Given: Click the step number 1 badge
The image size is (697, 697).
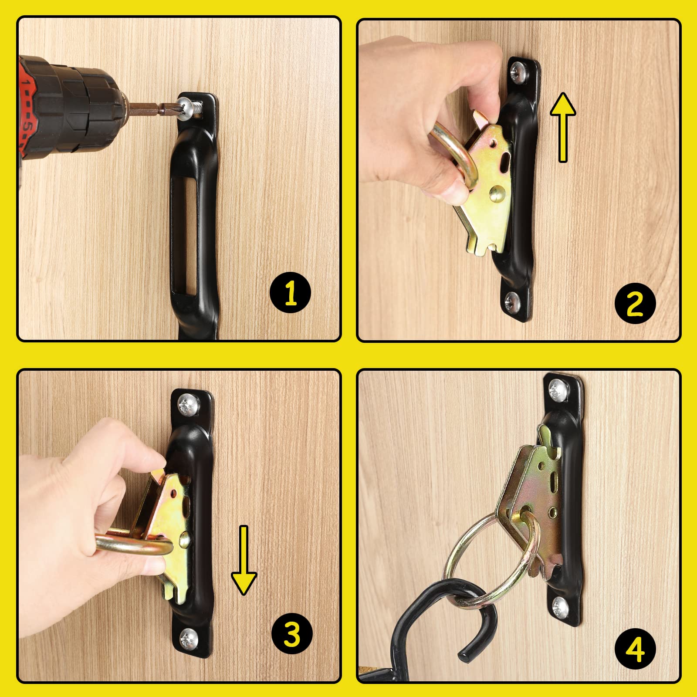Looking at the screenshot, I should click(290, 293).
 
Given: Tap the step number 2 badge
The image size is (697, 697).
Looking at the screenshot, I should click(635, 303).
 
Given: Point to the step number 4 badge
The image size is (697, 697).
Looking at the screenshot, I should click(635, 650).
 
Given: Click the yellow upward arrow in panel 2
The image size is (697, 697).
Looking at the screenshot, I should click(563, 126).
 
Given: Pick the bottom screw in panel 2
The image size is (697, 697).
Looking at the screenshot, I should click(512, 300).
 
